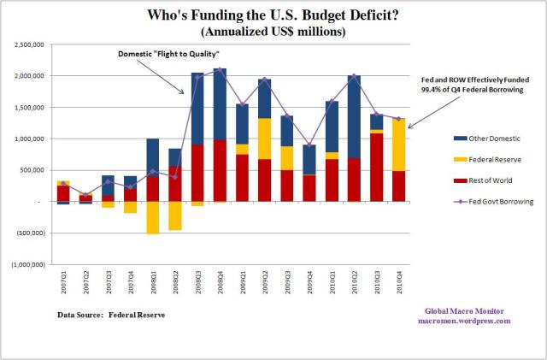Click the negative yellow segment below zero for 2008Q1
click(153, 217)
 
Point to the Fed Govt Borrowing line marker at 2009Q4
click(309, 145)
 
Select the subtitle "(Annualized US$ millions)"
click(273, 32)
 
